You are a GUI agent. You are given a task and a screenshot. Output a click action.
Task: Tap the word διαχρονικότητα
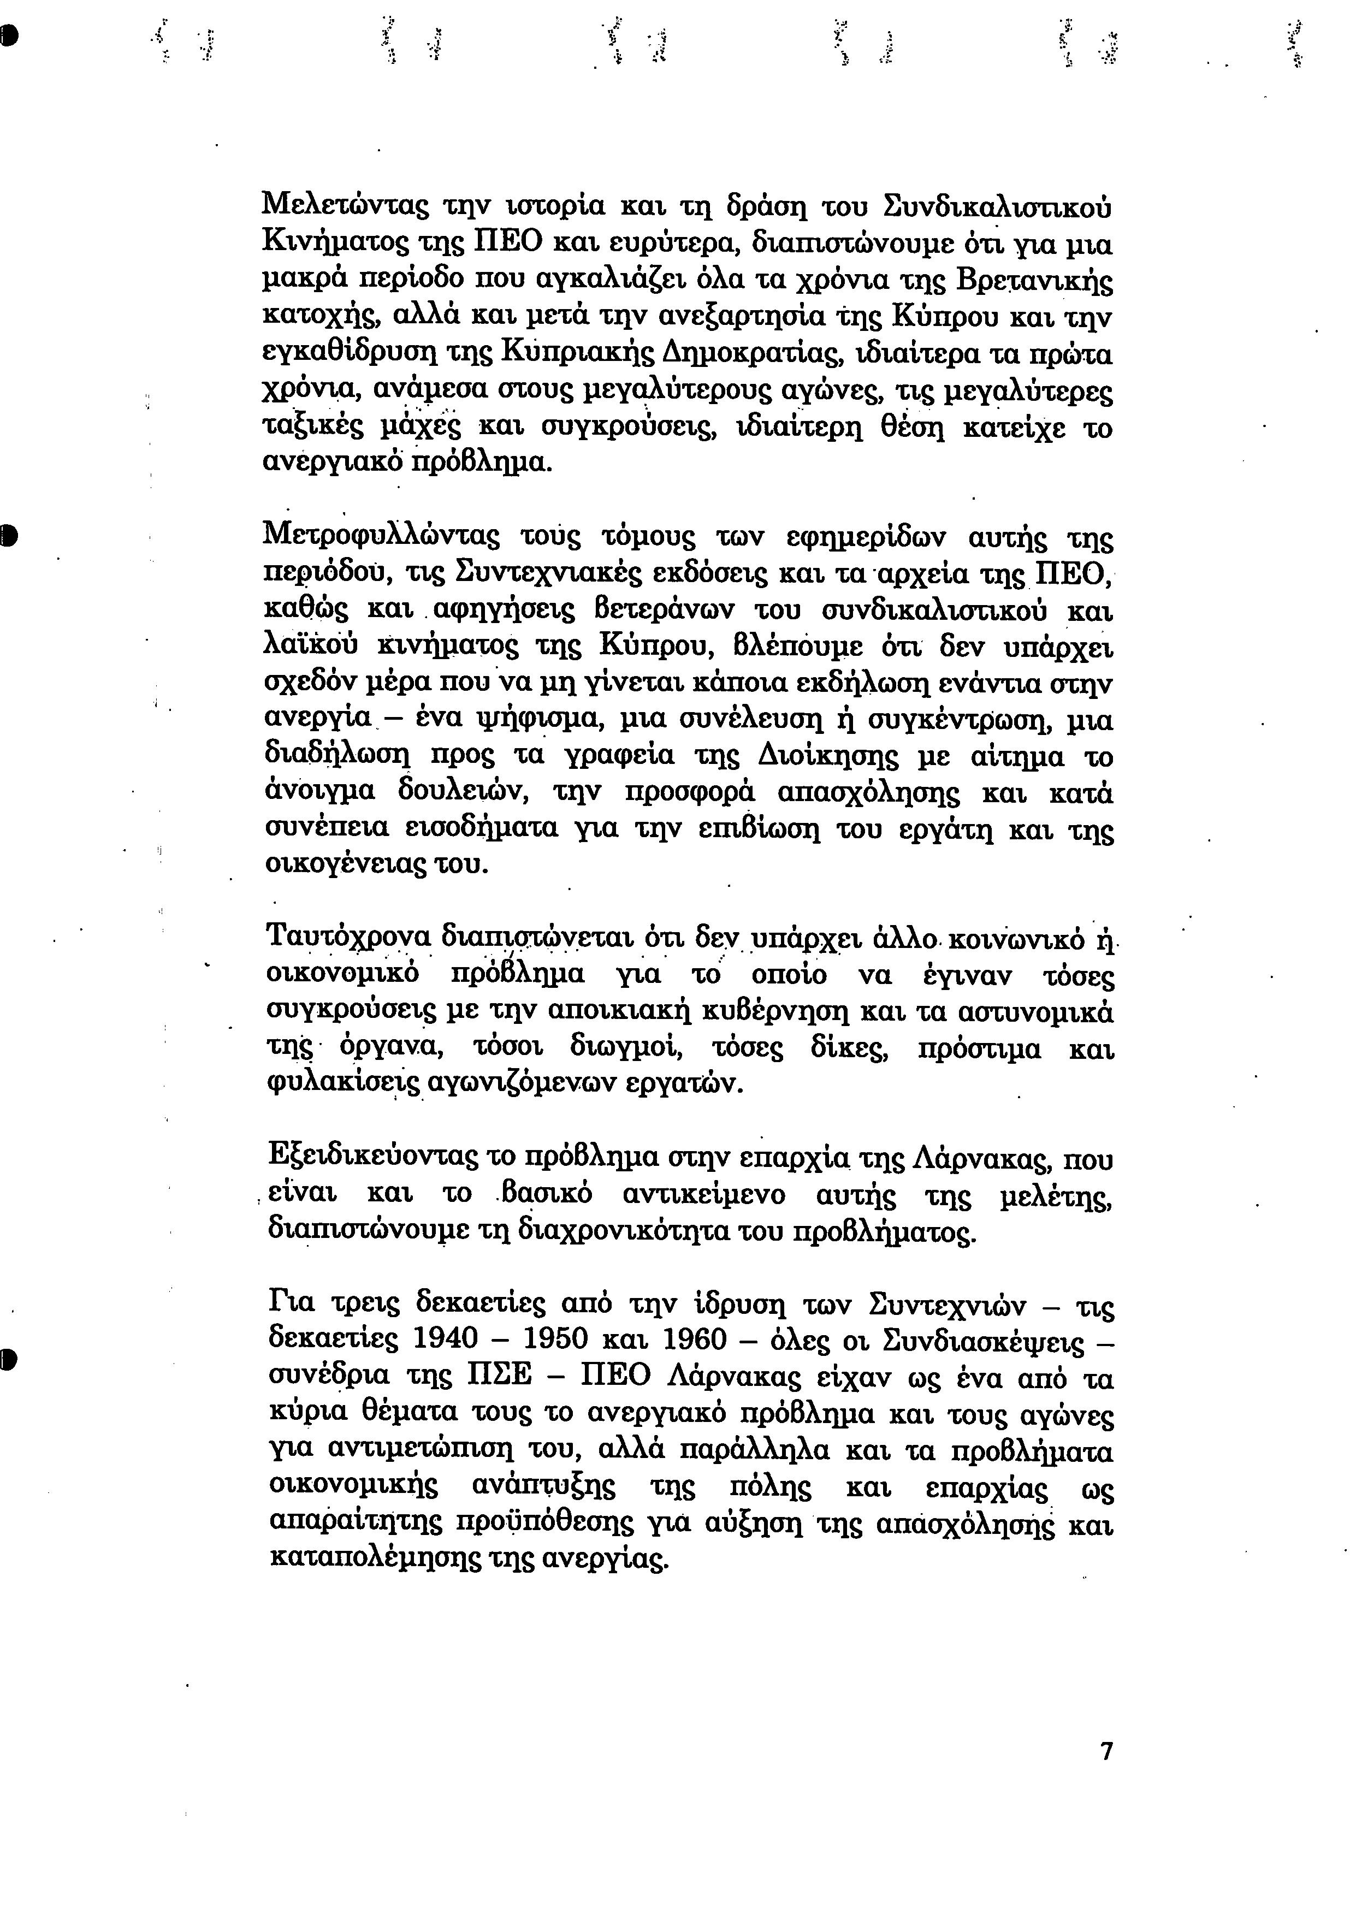point(624,1231)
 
